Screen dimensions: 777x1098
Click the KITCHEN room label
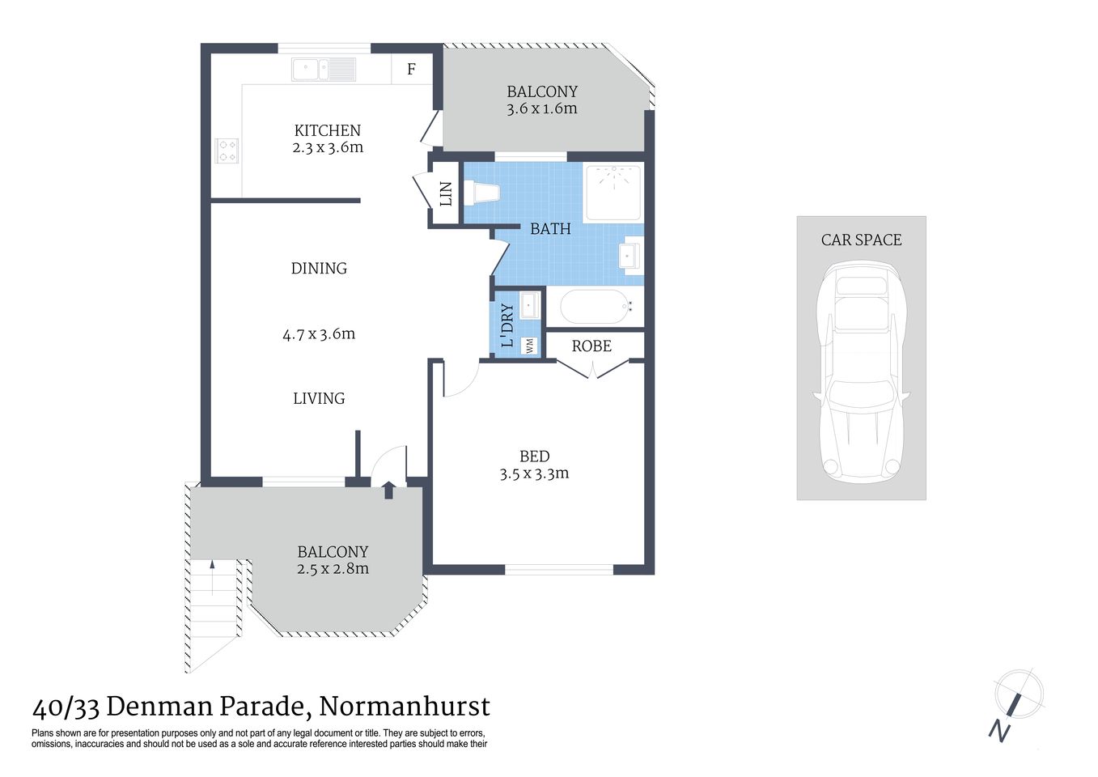[327, 130]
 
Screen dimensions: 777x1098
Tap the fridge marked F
[411, 70]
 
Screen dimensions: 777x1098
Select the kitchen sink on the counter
[324, 70]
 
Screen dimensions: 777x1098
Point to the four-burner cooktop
[227, 151]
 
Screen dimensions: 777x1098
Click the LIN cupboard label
[445, 194]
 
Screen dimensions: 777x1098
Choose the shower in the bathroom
[613, 191]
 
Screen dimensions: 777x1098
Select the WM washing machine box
[530, 346]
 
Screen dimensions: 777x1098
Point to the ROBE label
[591, 346]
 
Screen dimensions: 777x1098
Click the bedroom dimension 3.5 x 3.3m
[534, 474]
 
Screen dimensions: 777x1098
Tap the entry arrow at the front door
[388, 490]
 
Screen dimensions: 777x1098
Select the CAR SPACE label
[861, 240]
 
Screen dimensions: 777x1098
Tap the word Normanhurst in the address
[405, 707]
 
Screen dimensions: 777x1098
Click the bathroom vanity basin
[630, 256]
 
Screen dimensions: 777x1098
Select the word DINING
[319, 269]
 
